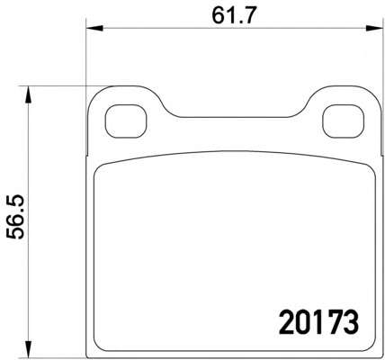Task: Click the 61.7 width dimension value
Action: (x=233, y=16)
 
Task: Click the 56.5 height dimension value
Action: (x=15, y=217)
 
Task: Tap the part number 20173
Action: (x=318, y=322)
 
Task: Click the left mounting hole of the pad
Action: (x=126, y=121)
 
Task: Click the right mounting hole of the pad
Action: (x=344, y=121)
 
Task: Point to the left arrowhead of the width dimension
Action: (x=94, y=29)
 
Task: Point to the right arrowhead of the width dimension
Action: (x=374, y=29)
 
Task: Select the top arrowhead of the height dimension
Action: (x=28, y=94)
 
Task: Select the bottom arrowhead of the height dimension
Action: (x=28, y=349)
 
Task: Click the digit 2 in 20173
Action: (x=286, y=322)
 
